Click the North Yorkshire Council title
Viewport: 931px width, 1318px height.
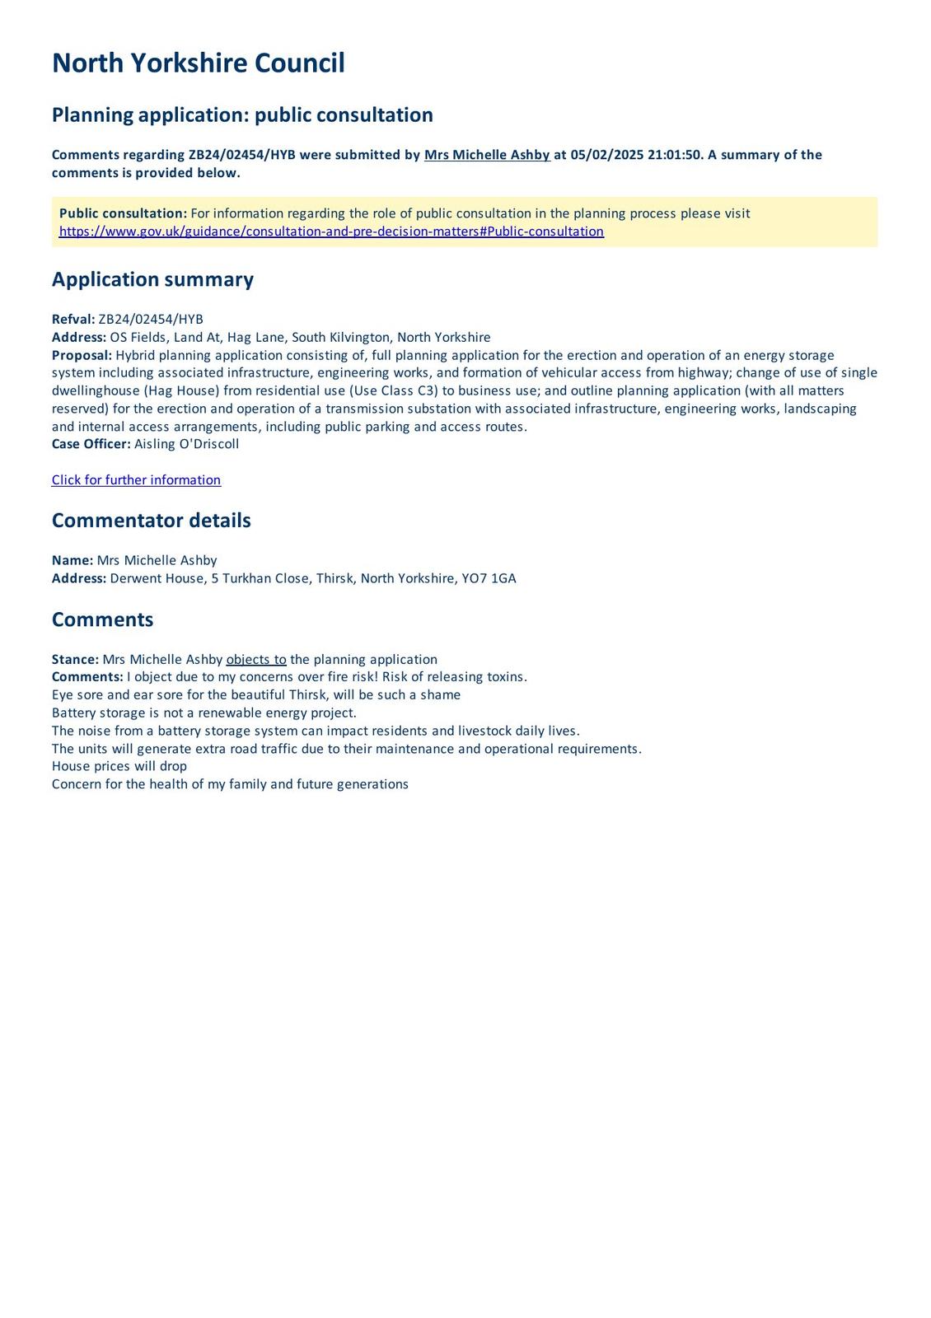click(198, 63)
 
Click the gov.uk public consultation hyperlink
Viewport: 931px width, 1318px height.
click(331, 231)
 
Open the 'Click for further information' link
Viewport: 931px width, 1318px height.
click(136, 480)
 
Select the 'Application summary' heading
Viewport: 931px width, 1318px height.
click(152, 279)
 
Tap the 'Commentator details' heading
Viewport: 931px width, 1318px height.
click(151, 521)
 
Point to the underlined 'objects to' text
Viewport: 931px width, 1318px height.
click(256, 660)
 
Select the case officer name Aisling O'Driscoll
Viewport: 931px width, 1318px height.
click(186, 444)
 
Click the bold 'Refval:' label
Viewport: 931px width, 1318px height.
click(73, 320)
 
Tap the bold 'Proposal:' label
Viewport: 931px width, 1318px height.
click(82, 355)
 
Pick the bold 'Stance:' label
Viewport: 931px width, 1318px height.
click(75, 660)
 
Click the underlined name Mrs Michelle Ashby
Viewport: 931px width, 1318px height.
click(487, 155)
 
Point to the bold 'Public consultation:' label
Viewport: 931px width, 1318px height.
click(123, 213)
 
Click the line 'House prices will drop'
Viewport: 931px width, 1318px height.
click(119, 766)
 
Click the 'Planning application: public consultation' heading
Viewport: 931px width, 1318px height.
click(242, 115)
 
